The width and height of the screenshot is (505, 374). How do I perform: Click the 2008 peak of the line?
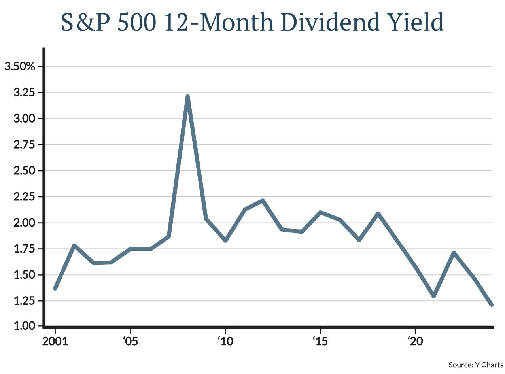coord(187,97)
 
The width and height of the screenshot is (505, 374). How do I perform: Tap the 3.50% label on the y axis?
coord(20,66)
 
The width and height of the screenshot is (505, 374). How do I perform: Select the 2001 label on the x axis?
coord(55,342)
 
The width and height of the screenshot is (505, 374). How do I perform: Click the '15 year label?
coord(320,342)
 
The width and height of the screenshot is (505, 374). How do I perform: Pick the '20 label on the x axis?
coord(415,342)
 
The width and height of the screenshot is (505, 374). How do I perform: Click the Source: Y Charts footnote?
coord(476,365)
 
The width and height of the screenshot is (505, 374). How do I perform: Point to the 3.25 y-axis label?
coord(25,93)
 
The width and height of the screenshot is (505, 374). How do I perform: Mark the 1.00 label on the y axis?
coord(25,327)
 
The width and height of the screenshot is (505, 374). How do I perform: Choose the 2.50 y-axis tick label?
coord(25,171)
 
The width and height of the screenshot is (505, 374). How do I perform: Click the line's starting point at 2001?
coord(55,289)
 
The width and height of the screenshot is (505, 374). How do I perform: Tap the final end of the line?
coord(492,304)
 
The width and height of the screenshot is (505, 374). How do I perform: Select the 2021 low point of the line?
coord(434,296)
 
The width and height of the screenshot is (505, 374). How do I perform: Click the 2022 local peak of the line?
coord(454,253)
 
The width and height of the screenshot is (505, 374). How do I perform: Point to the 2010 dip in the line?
coord(225,240)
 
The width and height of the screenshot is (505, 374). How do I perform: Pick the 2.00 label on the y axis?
coord(25,223)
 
